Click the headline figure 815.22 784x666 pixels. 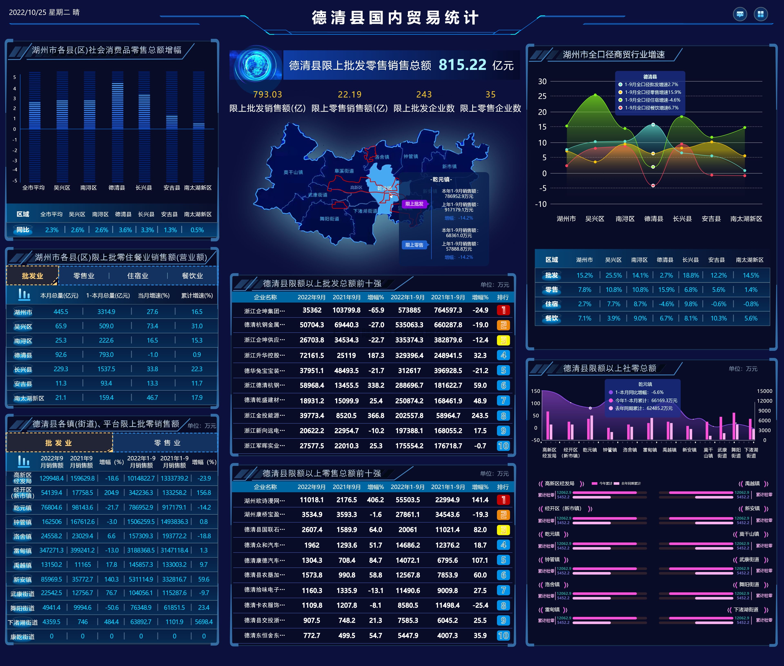point(462,65)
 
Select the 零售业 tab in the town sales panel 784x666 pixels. point(167,443)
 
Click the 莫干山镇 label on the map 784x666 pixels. point(293,172)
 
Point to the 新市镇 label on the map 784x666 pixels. point(449,166)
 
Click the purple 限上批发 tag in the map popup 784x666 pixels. point(414,204)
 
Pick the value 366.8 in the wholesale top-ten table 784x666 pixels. point(376,416)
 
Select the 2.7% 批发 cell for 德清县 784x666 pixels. point(666,275)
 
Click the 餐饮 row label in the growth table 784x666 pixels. point(551,318)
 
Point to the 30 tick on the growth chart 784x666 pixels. point(542,82)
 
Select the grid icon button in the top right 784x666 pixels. point(761,14)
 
